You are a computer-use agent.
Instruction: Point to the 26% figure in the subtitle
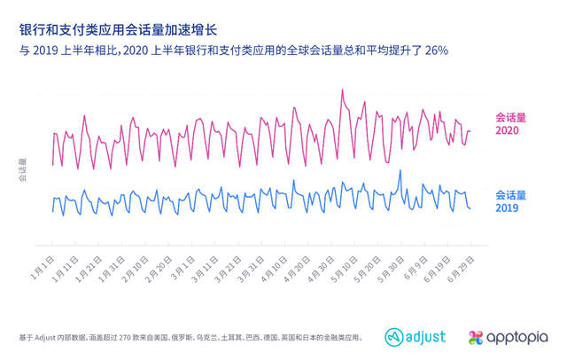(x=435, y=51)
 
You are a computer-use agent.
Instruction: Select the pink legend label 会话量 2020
(x=509, y=124)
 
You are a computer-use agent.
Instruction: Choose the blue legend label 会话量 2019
(x=509, y=200)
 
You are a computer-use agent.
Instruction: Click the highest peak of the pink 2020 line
(x=343, y=90)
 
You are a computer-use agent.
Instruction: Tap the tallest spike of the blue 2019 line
(x=400, y=171)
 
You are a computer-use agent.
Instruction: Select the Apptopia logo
(x=509, y=337)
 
